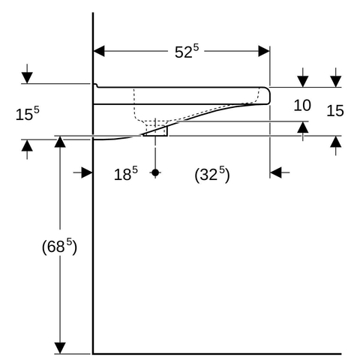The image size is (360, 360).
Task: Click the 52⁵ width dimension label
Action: tap(187, 51)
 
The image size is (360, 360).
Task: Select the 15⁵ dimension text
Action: tap(28, 113)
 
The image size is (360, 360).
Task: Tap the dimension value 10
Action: tap(302, 105)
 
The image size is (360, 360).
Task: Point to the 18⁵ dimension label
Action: tap(126, 173)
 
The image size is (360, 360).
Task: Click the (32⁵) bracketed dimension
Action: tap(212, 174)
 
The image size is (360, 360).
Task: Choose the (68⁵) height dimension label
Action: tap(59, 247)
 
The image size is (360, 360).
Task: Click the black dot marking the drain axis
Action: tap(155, 172)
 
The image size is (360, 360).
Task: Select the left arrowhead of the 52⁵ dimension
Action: tap(99, 51)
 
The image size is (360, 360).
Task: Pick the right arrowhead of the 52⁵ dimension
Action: tap(264, 51)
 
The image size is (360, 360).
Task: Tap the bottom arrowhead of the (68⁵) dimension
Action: tap(60, 348)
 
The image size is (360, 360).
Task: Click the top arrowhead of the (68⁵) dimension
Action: tap(60, 142)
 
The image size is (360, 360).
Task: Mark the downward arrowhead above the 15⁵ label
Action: tap(27, 78)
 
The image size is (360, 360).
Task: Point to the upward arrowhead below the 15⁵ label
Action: tap(27, 145)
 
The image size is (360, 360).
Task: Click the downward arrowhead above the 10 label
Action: tap(303, 82)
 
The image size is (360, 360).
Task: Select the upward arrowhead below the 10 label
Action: tap(303, 127)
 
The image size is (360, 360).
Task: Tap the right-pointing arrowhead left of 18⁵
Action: tap(87, 172)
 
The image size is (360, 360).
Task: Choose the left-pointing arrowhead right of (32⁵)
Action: tap(276, 172)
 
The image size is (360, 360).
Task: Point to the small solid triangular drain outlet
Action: tap(157, 132)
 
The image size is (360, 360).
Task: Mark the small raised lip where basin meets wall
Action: tap(95, 85)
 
